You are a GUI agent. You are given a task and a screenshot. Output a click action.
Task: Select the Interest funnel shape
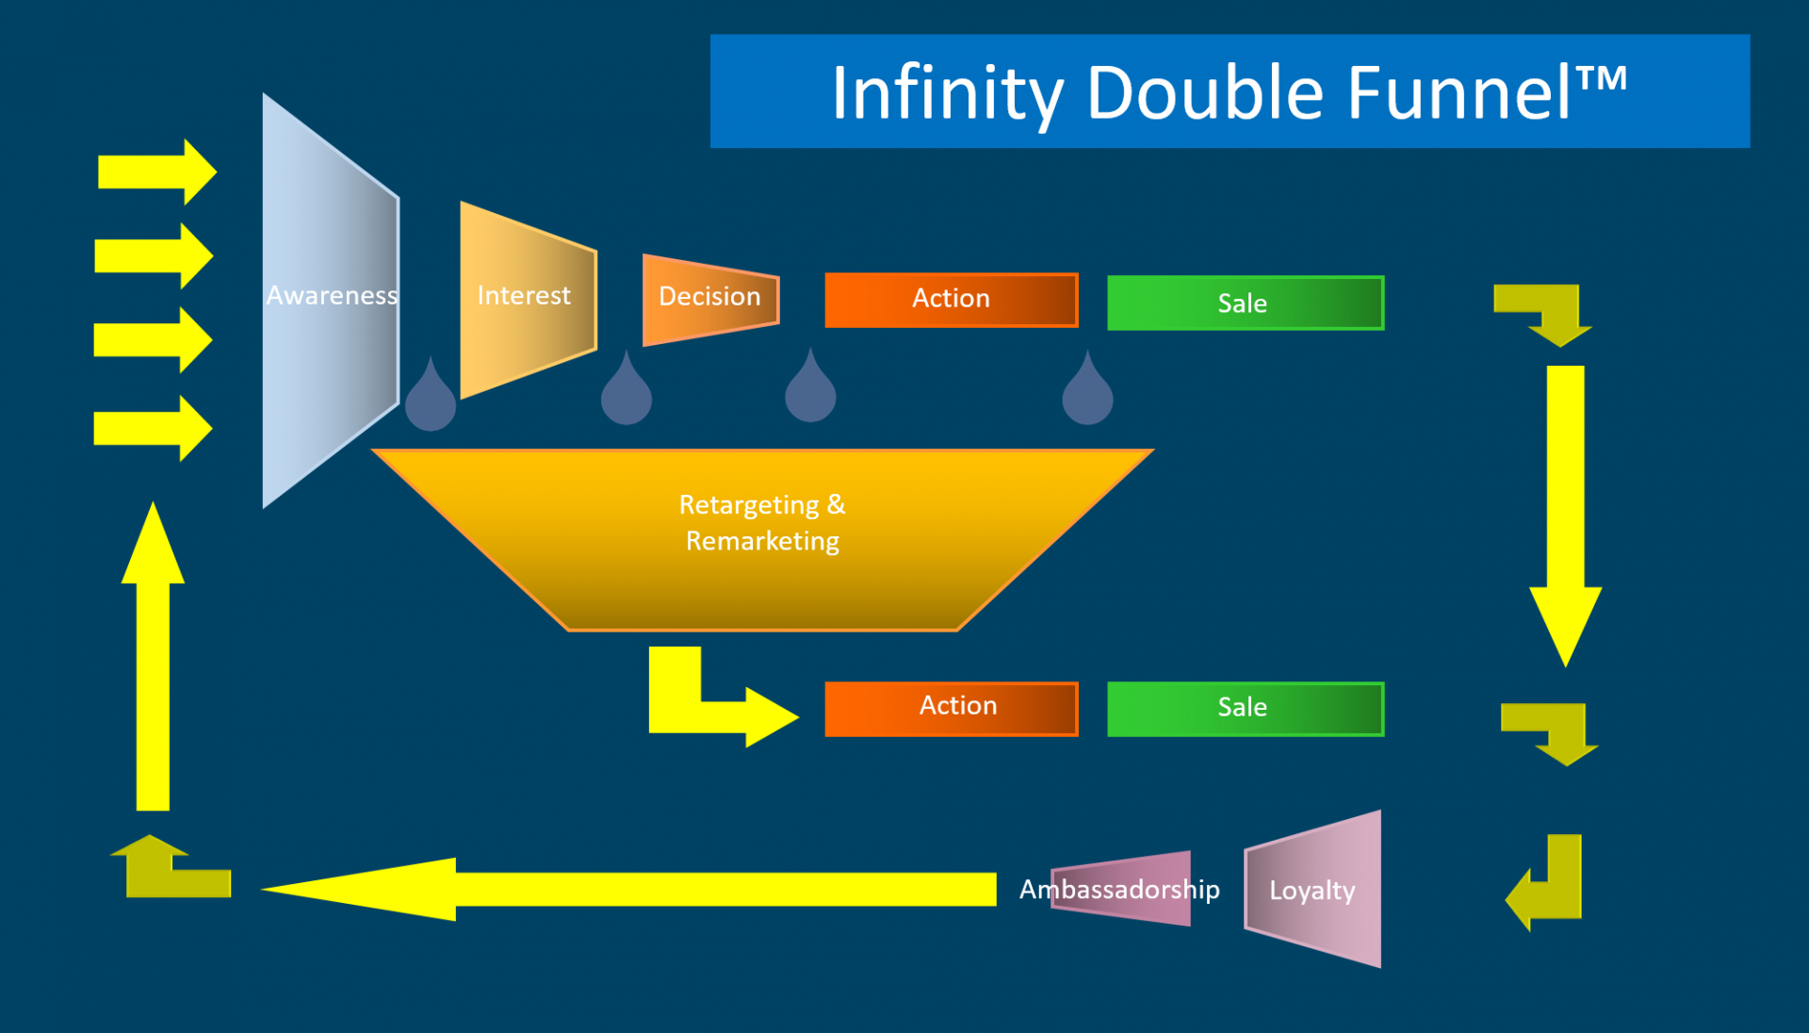526,298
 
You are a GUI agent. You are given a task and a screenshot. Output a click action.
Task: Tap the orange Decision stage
709,298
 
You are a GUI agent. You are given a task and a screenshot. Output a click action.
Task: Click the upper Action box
951,300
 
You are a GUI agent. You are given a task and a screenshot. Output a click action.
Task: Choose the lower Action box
951,708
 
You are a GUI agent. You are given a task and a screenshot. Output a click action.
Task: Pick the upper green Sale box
1245,303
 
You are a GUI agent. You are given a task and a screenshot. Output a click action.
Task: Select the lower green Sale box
1245,708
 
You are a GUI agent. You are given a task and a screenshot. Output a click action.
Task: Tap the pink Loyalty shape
1313,890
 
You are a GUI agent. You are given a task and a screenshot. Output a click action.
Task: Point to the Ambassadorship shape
1121,889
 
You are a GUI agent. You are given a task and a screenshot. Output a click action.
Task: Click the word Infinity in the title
947,94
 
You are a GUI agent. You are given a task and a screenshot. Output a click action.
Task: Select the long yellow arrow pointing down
1565,509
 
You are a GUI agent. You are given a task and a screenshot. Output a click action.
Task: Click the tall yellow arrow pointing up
153,660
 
